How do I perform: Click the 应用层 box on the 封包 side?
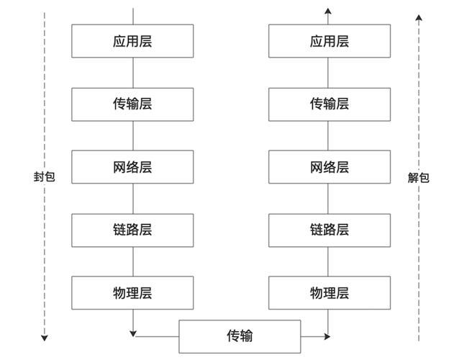pyautogui.click(x=132, y=41)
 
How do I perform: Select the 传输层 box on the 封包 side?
pyautogui.click(x=132, y=104)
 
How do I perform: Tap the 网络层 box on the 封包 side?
pyautogui.click(x=132, y=167)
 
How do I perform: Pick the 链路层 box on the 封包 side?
pyautogui.click(x=132, y=230)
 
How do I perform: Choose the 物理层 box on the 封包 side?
pyautogui.click(x=132, y=293)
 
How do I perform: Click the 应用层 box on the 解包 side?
pyautogui.click(x=330, y=41)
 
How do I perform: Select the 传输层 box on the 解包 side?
pyautogui.click(x=330, y=104)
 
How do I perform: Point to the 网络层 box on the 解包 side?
pyautogui.click(x=330, y=167)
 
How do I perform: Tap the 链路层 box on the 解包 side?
pyautogui.click(x=330, y=230)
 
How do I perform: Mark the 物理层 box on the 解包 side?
pyautogui.click(x=330, y=293)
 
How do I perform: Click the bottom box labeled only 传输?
pyautogui.click(x=240, y=336)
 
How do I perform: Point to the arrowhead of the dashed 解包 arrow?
pyautogui.click(x=419, y=17)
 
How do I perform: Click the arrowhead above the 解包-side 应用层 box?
pyautogui.click(x=328, y=11)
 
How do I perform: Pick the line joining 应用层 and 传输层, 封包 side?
pyautogui.click(x=133, y=73)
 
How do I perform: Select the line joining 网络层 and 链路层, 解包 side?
pyautogui.click(x=329, y=199)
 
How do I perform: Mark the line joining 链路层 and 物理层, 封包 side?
pyautogui.click(x=133, y=261)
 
